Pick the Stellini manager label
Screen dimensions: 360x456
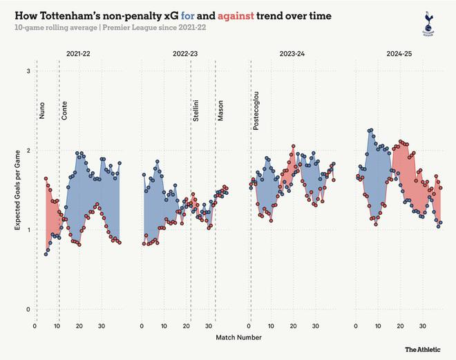tap(197, 111)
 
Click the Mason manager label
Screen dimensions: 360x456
tap(220, 111)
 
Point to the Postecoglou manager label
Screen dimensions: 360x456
tap(256, 113)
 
